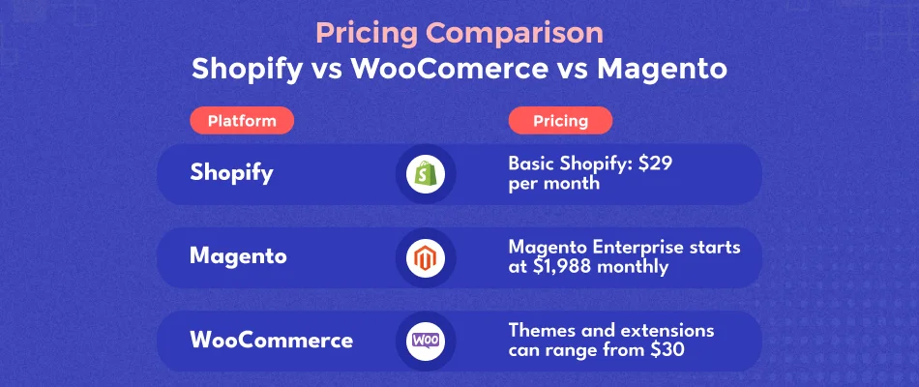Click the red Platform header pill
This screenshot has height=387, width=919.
242,121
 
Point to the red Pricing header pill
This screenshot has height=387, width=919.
560,121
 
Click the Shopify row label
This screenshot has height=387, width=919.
231,173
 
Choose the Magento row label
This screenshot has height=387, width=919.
237,256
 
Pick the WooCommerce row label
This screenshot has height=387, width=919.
271,341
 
